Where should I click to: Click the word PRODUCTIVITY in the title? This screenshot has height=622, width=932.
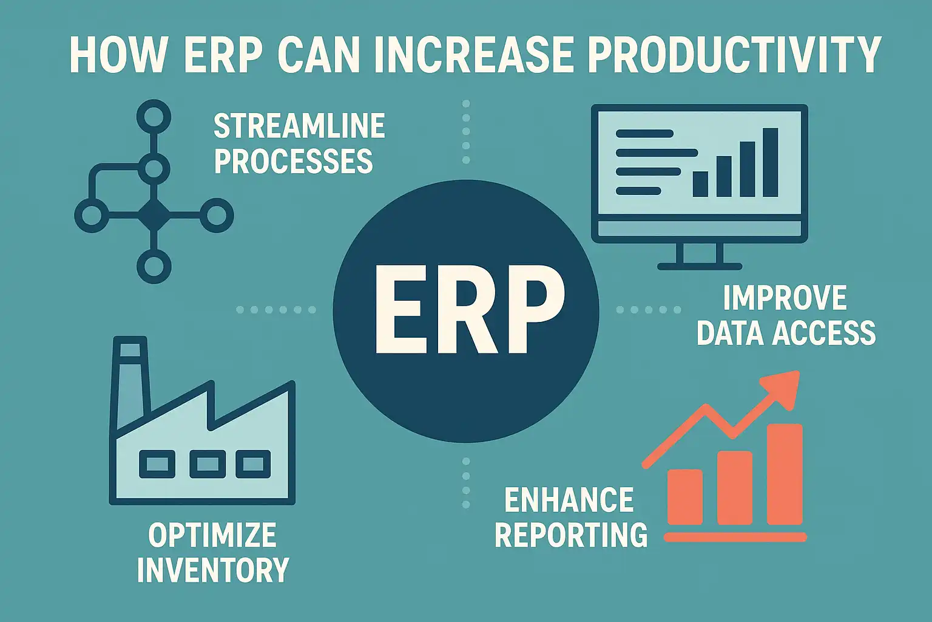coord(735,55)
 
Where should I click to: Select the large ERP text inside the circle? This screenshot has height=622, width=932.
coord(469,309)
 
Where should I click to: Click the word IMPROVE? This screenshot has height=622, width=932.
coord(785,298)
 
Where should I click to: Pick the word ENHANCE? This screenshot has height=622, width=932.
coord(569,500)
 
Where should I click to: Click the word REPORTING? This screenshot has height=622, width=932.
coord(571,535)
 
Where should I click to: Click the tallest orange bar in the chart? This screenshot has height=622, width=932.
coord(785,474)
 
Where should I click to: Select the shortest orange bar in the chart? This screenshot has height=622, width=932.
coord(685,497)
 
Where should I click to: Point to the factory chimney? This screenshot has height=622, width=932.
coord(130,382)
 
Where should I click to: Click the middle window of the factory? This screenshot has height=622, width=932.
coord(208,464)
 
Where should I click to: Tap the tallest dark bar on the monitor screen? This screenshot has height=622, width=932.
coord(770,162)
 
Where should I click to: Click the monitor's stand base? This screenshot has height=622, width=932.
coord(700,267)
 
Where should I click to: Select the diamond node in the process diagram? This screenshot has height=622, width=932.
coord(154,215)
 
